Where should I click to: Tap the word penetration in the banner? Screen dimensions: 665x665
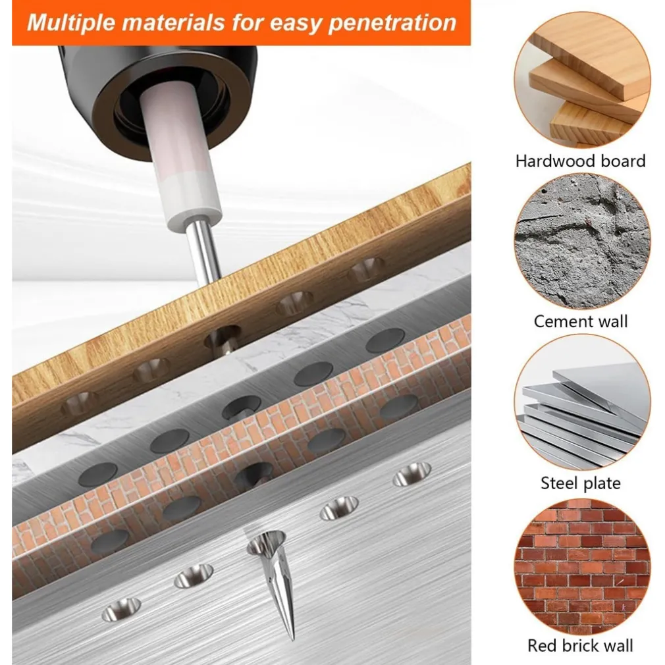point(392,23)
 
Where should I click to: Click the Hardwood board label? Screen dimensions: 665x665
point(580,161)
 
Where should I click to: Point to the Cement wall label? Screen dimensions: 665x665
point(580,321)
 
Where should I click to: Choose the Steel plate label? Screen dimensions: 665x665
point(580,483)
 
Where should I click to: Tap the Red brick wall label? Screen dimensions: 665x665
point(580,645)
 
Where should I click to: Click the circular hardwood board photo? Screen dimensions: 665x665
point(582,80)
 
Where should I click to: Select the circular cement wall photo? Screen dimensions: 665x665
point(582,241)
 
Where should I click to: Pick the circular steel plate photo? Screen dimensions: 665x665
point(582,402)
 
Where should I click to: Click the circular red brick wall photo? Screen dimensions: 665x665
point(582,566)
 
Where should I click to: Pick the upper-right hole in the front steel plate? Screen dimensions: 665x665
point(412,473)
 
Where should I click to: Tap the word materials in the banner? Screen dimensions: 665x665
point(173,22)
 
